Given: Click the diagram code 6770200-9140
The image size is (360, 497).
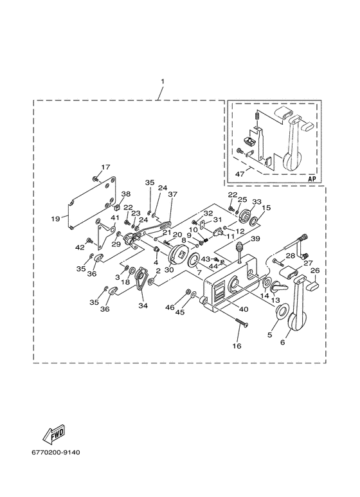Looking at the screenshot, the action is coord(56,452).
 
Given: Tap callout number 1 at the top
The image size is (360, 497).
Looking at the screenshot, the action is coord(163,82).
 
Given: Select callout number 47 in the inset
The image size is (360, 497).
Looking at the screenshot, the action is coord(239,174).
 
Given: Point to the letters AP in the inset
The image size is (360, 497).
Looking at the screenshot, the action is coord(312,179).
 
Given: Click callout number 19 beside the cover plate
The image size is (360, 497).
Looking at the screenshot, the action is coord(56,219).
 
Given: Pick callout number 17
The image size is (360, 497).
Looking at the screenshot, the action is coord(105,167).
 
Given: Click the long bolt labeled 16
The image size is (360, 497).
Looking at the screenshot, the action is coord(242,324).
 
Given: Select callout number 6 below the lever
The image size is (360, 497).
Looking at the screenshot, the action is coord(283,342).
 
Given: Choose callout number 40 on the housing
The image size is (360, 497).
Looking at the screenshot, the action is coord(244,309).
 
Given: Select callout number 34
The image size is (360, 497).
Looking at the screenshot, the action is coord(143,305).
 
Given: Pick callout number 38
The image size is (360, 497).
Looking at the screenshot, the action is coord(126,194).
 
